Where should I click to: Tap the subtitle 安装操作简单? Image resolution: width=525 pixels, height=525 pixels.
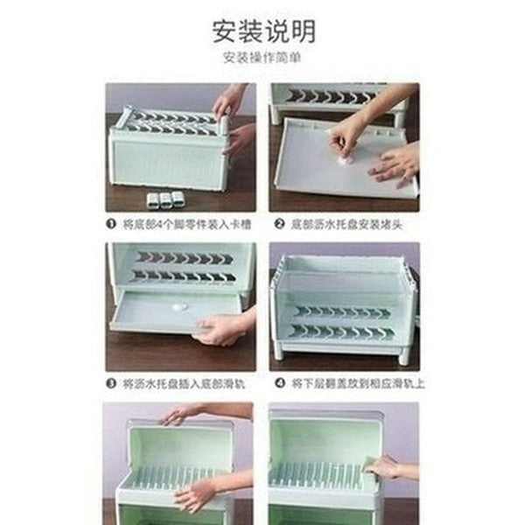coord(262,59)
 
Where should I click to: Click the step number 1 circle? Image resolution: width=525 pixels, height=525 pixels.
coord(111,224)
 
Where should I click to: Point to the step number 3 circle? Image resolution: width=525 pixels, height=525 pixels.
coord(111,382)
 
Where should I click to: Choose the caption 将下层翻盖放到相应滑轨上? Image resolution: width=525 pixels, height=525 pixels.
coord(351,382)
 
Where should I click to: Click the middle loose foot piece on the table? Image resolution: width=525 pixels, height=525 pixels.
coord(165,199)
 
